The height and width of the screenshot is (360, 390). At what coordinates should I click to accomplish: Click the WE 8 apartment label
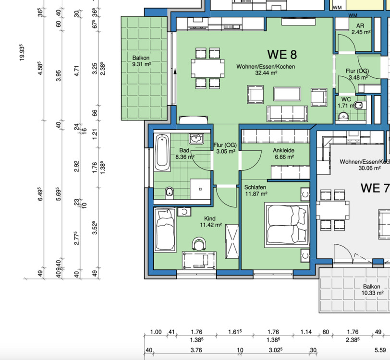click(x=282, y=54)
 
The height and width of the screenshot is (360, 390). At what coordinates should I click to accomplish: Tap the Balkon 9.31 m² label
click(x=142, y=61)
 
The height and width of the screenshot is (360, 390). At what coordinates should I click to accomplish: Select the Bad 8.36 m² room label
click(x=184, y=154)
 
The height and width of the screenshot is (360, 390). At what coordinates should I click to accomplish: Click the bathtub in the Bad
click(x=162, y=153)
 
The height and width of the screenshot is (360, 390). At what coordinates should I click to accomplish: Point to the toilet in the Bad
click(x=170, y=192)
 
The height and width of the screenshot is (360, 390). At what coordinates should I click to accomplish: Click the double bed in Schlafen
click(x=287, y=225)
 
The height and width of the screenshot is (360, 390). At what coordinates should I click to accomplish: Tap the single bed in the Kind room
click(x=165, y=230)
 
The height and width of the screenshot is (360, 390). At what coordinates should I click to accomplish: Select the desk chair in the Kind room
click(x=199, y=244)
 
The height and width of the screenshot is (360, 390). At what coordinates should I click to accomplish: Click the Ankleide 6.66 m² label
click(x=284, y=154)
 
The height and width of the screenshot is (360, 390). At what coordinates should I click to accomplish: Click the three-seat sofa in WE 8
click(x=287, y=114)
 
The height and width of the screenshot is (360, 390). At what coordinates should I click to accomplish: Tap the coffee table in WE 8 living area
click(x=287, y=94)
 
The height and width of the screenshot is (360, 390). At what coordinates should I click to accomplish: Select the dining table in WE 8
click(x=207, y=68)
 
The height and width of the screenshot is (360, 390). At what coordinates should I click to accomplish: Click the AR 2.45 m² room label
click(x=361, y=29)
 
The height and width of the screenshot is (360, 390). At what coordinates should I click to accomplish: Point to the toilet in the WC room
click(x=360, y=106)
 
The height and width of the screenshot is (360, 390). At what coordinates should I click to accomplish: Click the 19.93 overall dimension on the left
click(x=22, y=52)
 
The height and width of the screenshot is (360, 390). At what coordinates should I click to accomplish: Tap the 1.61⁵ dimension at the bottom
click(x=235, y=332)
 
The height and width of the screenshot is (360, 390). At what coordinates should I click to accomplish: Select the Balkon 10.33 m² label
click(x=372, y=289)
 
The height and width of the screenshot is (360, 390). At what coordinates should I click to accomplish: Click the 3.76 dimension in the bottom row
click(x=196, y=350)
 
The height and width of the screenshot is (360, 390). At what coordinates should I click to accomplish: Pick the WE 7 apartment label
click(x=375, y=188)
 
